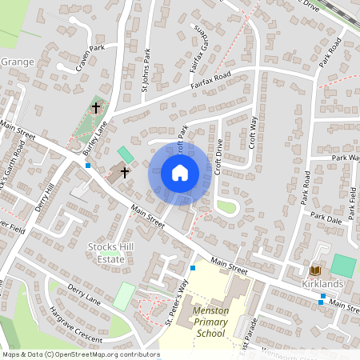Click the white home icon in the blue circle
180,172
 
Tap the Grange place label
18,62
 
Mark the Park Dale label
326,217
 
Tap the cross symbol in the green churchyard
96,107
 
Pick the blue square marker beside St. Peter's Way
193,268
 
